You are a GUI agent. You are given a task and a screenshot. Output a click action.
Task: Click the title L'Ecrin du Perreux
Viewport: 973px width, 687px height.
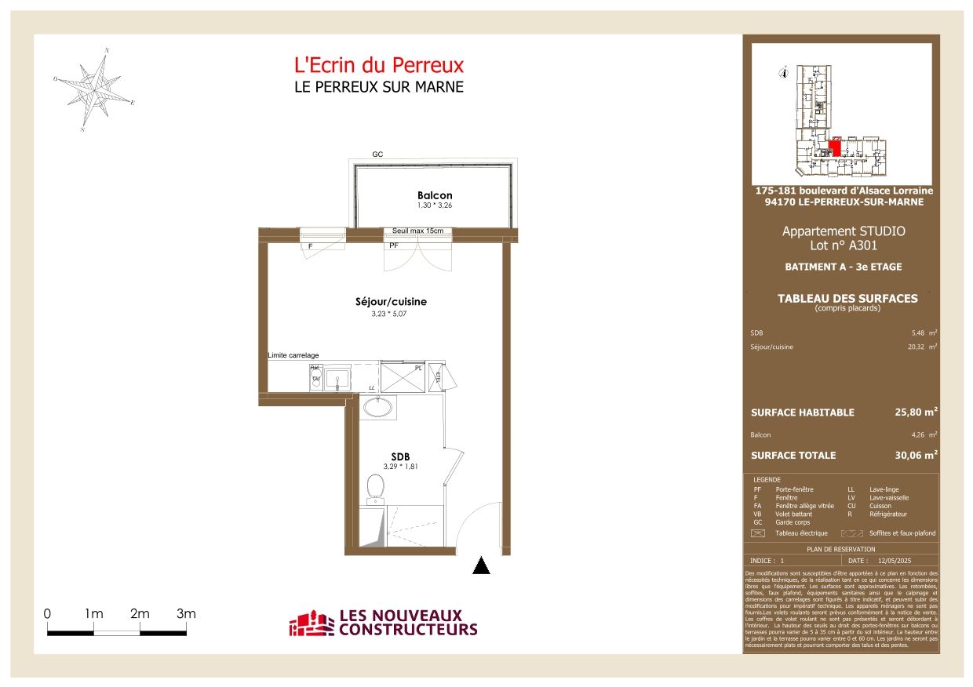pos(378,65)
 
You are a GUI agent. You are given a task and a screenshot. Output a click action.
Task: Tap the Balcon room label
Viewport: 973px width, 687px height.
pos(435,195)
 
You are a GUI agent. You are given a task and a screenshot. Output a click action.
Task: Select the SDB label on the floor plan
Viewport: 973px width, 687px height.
pos(401,457)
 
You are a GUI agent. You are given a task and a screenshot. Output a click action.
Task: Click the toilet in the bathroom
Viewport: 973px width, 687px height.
pos(374,487)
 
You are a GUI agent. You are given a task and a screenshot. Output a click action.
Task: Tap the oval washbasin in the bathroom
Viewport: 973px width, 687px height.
pos(378,408)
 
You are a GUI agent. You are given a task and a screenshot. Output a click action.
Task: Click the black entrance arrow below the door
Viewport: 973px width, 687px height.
pos(482,565)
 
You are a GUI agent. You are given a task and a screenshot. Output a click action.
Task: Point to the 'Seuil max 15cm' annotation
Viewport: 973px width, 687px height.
pos(417,231)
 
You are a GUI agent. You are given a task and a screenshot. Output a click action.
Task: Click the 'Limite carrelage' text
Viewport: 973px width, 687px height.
pos(293,355)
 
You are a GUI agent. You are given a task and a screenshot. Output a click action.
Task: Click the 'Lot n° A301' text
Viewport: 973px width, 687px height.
pos(843,245)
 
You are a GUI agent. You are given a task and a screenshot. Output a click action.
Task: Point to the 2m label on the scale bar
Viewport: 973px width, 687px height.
pos(140,613)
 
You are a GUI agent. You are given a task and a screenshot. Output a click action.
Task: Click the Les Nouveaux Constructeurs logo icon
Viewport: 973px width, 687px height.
pos(312,624)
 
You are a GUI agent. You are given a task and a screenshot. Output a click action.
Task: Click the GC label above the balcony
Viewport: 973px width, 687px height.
pos(377,155)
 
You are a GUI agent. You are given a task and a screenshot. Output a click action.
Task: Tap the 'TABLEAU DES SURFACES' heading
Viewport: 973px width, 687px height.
pos(847,298)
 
